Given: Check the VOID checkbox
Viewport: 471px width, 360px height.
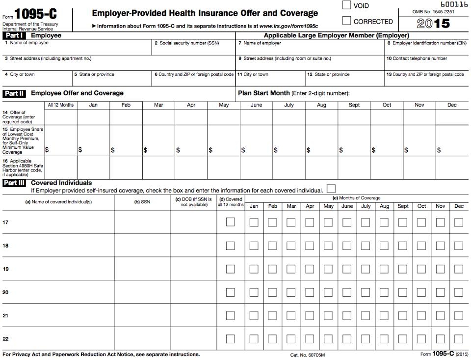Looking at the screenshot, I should tap(346, 5).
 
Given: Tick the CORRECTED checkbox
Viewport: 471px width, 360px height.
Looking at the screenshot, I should tap(346, 21).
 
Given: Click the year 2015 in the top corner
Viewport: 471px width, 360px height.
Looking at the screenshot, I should tap(433, 23).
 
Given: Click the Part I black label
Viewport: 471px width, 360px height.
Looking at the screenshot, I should tap(14, 35).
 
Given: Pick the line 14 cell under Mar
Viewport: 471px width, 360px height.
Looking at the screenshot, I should tap(158, 117).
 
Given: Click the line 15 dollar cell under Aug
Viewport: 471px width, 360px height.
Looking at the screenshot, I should tap(321, 141).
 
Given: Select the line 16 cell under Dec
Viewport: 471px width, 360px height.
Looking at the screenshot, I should tap(452, 167).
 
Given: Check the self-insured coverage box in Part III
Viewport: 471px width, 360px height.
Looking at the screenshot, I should tap(331, 189).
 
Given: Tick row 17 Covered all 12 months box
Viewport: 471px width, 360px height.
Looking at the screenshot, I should tap(230, 222).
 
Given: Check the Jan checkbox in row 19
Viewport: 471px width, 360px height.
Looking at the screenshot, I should tap(254, 269).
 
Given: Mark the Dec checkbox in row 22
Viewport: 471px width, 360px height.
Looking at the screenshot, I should tap(459, 339).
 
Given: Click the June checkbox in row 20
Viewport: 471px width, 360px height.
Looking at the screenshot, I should tap(347, 292).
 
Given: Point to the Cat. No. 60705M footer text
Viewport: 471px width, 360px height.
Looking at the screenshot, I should tap(308, 355).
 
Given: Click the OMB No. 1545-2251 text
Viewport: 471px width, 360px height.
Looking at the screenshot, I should tap(433, 11).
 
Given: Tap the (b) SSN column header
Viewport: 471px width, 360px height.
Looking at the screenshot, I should tap(142, 202).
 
